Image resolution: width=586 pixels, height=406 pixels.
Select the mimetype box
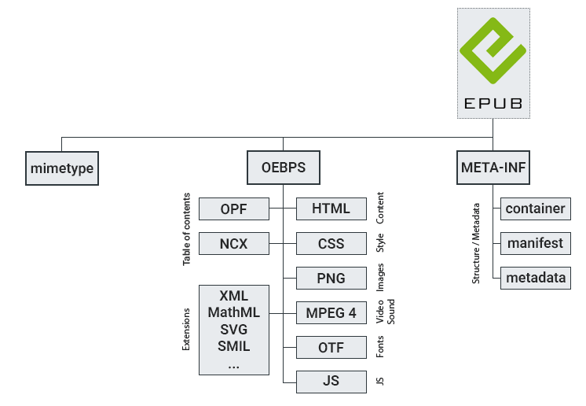pyautogui.click(x=62, y=168)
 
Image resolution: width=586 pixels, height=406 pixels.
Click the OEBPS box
pyautogui.click(x=283, y=168)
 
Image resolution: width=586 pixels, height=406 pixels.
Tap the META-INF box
pyautogui.click(x=493, y=168)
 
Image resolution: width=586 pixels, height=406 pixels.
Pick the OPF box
pyautogui.click(x=234, y=209)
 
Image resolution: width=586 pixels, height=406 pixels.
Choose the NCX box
pyautogui.click(x=234, y=244)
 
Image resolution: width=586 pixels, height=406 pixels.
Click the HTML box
pyautogui.click(x=331, y=209)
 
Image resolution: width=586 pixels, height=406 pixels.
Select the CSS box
pyautogui.click(x=331, y=244)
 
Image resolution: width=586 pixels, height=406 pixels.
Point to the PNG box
pyautogui.click(x=331, y=279)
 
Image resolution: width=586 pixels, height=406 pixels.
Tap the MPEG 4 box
pyautogui.click(x=331, y=312)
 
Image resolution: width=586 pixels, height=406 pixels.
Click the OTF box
pyautogui.click(x=331, y=347)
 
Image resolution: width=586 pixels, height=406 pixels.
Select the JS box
pyautogui.click(x=331, y=382)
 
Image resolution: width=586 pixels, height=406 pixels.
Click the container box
pyautogui.click(x=535, y=209)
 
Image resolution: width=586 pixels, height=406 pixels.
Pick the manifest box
pyautogui.click(x=535, y=243)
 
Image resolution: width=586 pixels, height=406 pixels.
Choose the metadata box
pyautogui.click(x=535, y=278)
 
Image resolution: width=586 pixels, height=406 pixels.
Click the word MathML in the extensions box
pyautogui.click(x=234, y=312)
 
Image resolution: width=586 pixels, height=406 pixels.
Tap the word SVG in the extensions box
pyautogui.click(x=234, y=329)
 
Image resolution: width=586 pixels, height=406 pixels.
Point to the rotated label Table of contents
pyautogui.click(x=187, y=228)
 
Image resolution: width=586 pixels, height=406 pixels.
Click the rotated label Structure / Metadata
pyautogui.click(x=475, y=243)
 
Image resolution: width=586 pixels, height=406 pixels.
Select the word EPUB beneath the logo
pyautogui.click(x=493, y=104)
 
